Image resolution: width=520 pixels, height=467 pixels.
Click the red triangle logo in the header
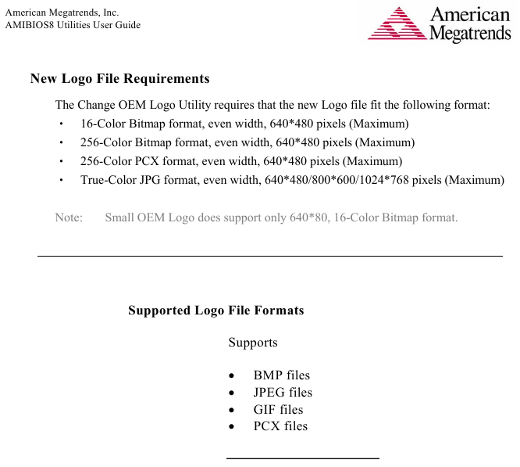(396, 24)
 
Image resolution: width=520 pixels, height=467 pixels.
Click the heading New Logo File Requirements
(119, 79)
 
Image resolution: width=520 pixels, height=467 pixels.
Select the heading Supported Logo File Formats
(215, 311)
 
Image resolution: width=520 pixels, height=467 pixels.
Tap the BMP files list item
(282, 375)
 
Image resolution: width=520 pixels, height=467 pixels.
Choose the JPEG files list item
(283, 393)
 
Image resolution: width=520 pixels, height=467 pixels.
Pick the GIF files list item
(278, 409)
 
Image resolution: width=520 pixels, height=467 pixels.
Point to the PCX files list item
(280, 426)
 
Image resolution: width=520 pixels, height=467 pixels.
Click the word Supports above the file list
(253, 343)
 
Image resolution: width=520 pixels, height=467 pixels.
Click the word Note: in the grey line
(69, 217)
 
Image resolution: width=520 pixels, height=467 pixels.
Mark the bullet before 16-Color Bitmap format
(61, 124)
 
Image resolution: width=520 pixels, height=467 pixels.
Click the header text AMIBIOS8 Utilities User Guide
(73, 25)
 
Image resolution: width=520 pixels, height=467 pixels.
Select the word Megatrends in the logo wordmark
(470, 34)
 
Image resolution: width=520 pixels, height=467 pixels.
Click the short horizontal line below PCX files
(302, 458)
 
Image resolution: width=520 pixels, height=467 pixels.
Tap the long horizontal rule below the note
(270, 256)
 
